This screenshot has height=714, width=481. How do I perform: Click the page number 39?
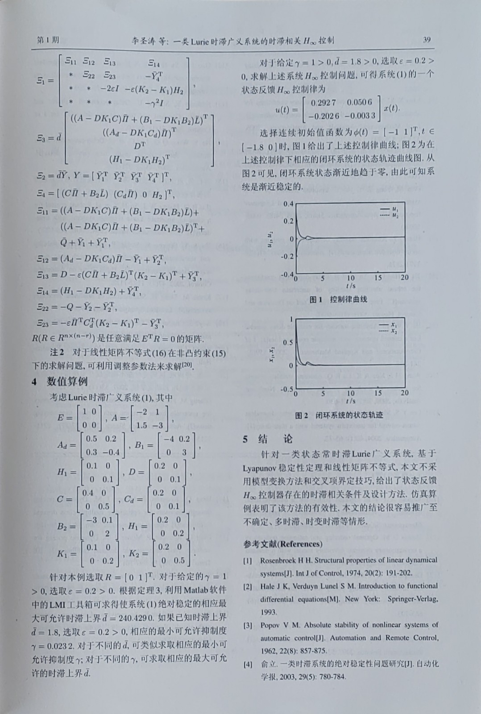coord(427,40)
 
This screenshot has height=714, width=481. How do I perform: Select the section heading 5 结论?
coord(267,439)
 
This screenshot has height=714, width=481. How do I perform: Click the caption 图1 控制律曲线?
coord(338,299)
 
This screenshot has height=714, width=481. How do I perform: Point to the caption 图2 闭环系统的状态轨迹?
coord(339,415)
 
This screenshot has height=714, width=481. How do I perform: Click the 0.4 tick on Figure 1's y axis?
coord(288,204)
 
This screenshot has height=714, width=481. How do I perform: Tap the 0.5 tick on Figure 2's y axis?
coord(288,343)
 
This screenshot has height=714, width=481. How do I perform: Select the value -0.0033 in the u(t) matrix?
coord(360,116)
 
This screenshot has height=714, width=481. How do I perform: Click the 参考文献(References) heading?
coord(282,544)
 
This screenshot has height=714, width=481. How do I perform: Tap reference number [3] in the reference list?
coord(248,625)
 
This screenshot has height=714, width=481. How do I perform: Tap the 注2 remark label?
coord(57,353)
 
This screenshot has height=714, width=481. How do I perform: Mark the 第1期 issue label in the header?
coord(48,40)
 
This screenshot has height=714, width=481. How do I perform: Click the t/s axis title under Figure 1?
coord(350,285)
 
